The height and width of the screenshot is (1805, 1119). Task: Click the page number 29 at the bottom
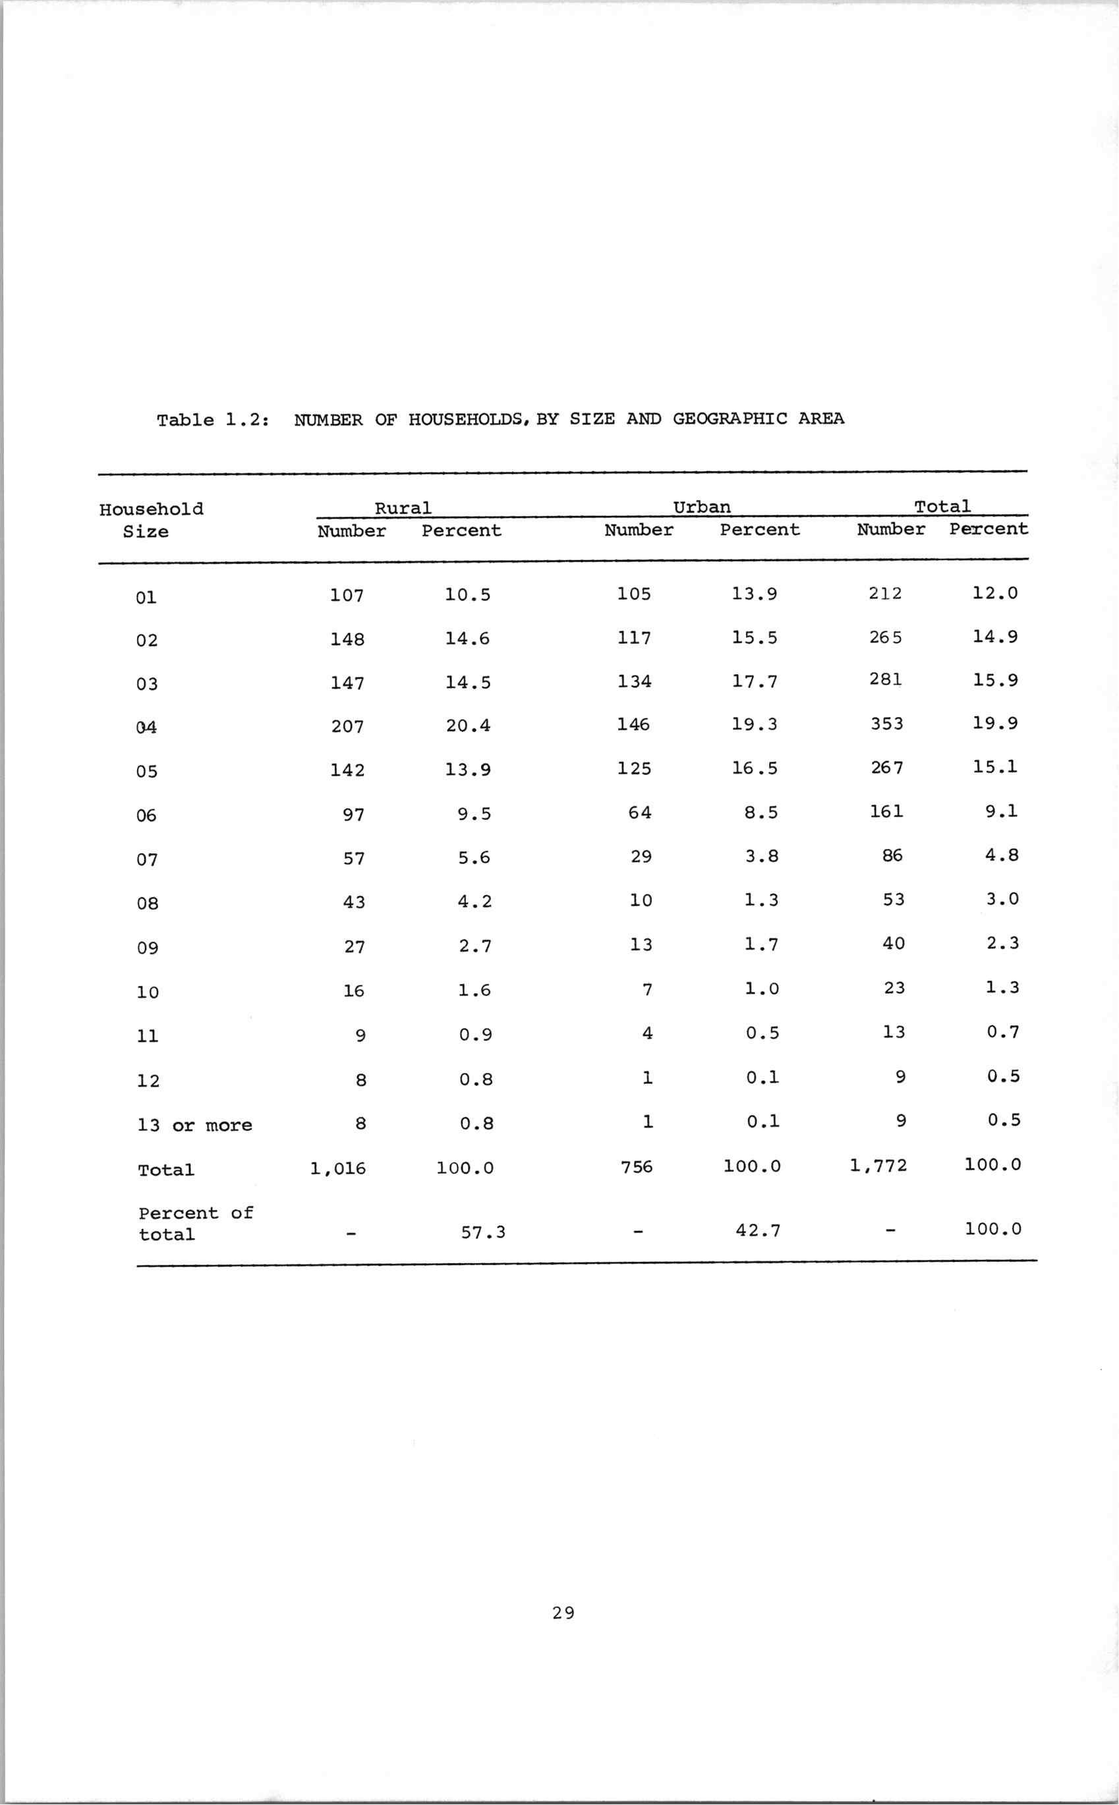coord(563,1613)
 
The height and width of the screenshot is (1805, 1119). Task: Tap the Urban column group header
coord(702,507)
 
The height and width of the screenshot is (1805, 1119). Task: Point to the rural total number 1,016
coord(338,1168)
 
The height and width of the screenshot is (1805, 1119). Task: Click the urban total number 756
coord(637,1167)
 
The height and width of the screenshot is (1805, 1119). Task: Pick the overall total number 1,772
coord(878,1166)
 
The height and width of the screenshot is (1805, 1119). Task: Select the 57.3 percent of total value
coord(483,1232)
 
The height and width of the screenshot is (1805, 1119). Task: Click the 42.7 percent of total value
coord(758,1231)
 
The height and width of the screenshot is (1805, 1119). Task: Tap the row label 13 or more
coord(194,1126)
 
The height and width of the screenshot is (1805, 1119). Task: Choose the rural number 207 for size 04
coord(347,727)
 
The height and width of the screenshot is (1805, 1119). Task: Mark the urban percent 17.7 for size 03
coord(754,681)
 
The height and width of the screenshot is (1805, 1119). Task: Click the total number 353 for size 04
coord(886,724)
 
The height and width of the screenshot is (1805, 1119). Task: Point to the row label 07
coord(147,860)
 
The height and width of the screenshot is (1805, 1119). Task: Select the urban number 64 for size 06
coord(639,813)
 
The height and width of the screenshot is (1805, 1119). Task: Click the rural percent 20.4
coord(468,726)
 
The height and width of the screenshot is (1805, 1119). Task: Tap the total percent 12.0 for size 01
coord(994,593)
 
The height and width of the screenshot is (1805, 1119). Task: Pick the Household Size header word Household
coord(151,509)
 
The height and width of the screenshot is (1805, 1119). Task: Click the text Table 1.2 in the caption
coord(212,420)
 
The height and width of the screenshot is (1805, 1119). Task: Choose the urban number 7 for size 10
coord(647,989)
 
